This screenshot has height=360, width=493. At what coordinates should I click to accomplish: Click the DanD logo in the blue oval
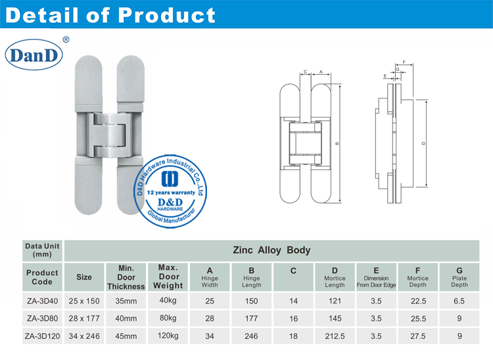point(34,55)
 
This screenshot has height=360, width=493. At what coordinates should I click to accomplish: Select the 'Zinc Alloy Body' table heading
point(271,250)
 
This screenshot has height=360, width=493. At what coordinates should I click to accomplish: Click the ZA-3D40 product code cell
point(42,300)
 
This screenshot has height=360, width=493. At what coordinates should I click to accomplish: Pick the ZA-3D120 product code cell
point(42,336)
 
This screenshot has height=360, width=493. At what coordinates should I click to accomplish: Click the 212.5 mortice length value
point(335,336)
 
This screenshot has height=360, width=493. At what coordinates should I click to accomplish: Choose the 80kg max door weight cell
point(168,318)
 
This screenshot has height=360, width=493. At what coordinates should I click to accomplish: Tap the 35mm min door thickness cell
point(126,300)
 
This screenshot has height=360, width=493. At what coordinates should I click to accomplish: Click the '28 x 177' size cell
point(84,318)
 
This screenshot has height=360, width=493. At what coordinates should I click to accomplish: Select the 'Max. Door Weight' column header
point(168,277)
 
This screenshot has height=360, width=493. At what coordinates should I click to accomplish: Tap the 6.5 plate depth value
point(459,300)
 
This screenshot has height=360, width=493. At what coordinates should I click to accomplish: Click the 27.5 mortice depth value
point(417,336)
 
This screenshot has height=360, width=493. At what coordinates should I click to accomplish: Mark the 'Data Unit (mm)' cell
point(42,250)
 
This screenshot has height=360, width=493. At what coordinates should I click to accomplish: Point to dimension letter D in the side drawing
point(423,143)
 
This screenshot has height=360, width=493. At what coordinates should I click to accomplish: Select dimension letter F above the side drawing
point(403,63)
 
